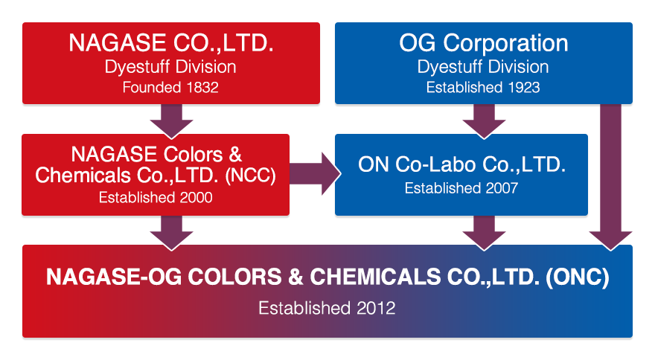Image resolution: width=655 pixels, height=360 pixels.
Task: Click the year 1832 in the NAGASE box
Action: click(202, 87)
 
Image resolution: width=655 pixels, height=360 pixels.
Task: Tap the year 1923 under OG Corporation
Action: click(524, 87)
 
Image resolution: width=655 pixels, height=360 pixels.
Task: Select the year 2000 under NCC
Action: click(196, 197)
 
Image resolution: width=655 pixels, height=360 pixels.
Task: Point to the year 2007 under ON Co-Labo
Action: click(502, 188)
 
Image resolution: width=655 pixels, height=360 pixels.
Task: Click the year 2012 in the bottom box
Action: click(376, 308)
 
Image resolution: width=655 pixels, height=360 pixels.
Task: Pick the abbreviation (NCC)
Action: click(251, 176)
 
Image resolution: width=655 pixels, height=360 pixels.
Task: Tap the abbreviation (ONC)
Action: click(578, 277)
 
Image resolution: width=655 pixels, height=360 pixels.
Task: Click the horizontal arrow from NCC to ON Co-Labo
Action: click(315, 173)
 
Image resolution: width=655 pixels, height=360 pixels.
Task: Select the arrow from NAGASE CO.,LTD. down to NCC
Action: click(172, 121)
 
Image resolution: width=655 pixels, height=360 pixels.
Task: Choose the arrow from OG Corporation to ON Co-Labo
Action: click(484, 121)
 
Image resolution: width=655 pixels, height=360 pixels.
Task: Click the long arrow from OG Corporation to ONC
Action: click(611, 178)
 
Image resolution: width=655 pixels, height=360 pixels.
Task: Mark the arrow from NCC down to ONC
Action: click(172, 233)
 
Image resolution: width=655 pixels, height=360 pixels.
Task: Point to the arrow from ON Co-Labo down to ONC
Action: click(484, 233)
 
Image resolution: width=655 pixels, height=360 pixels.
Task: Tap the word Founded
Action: click(152, 87)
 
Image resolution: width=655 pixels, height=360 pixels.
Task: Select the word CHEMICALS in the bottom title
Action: click(375, 277)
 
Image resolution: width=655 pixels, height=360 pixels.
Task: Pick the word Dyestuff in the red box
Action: click(137, 67)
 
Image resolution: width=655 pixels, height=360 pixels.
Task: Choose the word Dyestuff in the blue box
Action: click(450, 67)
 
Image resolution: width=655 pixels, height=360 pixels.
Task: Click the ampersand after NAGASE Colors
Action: click(235, 155)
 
